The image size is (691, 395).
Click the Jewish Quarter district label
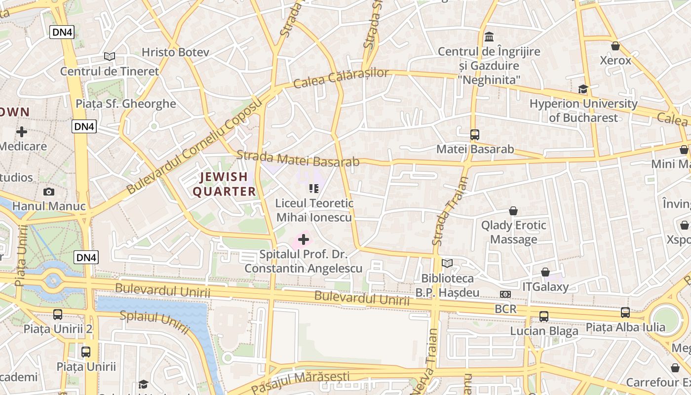[224, 184]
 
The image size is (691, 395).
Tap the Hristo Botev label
[175, 52]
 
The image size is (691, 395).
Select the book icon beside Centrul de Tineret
[110, 57]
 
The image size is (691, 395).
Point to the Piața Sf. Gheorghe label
[125, 104]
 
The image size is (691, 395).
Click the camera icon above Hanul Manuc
[49, 192]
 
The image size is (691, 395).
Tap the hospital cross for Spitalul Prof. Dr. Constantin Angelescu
[304, 240]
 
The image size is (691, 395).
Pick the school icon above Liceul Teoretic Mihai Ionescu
[313, 188]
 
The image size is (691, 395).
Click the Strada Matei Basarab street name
[298, 159]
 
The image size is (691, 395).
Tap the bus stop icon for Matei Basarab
[474, 134]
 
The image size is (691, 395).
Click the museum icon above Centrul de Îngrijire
[489, 37]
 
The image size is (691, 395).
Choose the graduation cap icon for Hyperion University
[583, 89]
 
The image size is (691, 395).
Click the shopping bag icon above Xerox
[615, 46]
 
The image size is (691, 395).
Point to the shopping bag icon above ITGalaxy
[545, 273]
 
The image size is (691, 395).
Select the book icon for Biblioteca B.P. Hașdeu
[447, 264]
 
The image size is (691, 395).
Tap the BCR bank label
[505, 309]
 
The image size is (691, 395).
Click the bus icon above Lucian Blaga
[543, 316]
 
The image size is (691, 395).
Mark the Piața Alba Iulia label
[625, 327]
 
